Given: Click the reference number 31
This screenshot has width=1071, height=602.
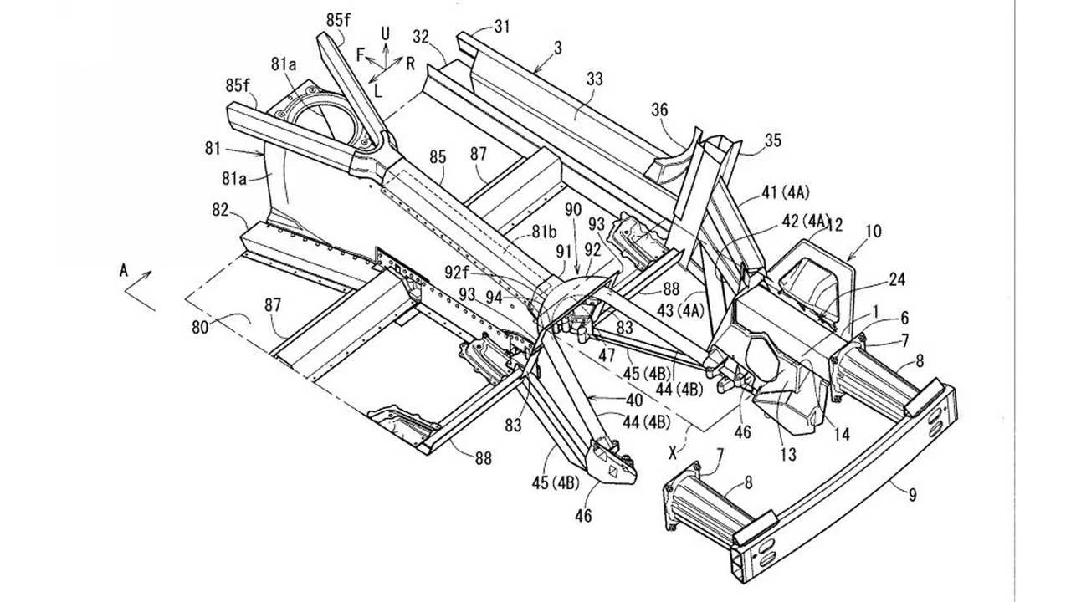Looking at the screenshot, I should pyautogui.click(x=501, y=26).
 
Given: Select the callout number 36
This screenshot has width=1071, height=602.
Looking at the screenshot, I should pyautogui.click(x=660, y=109).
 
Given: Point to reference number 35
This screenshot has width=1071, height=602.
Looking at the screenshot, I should pyautogui.click(x=772, y=140).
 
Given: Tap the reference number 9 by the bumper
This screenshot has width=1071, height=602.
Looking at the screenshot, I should pyautogui.click(x=912, y=495).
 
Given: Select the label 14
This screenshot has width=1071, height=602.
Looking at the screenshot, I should pyautogui.click(x=843, y=434).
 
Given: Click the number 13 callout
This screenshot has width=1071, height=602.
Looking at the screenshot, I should pyautogui.click(x=788, y=455).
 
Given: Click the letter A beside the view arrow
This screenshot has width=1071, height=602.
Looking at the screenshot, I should pyautogui.click(x=124, y=270).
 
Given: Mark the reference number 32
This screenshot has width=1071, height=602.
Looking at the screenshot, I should pyautogui.click(x=421, y=36).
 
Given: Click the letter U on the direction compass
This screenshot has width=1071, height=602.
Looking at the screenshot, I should pyautogui.click(x=386, y=33).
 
